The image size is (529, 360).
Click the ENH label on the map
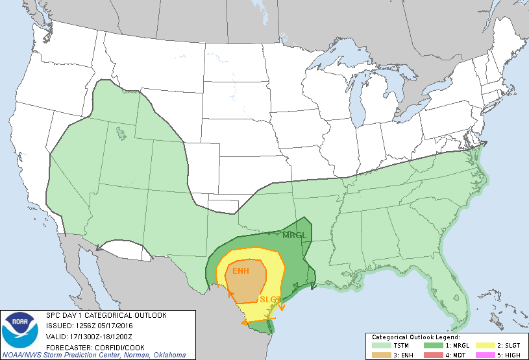tap(241, 270)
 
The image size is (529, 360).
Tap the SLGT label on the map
tap(270, 300)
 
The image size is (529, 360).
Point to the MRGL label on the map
tap(293, 235)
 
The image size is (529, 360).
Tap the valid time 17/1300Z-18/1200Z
tap(101, 337)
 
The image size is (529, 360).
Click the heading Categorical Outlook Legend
tap(415, 338)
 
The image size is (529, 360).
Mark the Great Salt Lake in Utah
tap(121, 134)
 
